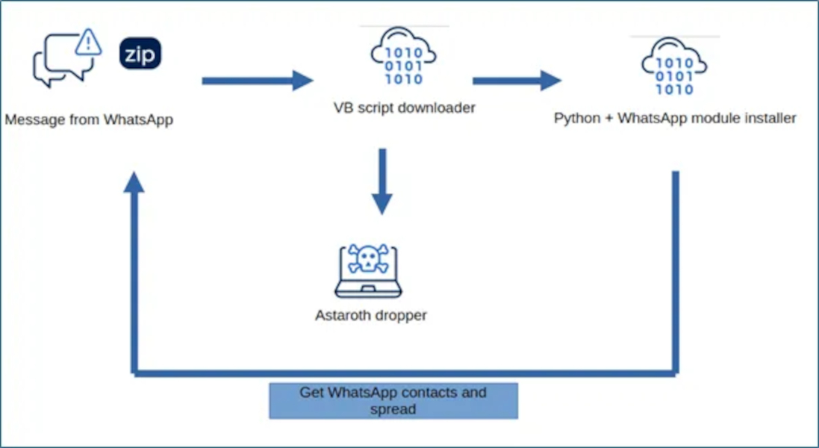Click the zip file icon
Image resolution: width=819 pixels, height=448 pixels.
tap(140, 54)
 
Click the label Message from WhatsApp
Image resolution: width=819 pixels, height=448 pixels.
tap(89, 119)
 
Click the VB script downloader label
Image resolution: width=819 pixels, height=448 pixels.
tap(404, 108)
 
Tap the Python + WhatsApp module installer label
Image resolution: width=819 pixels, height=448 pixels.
tap(675, 118)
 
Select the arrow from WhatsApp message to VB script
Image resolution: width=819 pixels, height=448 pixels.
tap(258, 81)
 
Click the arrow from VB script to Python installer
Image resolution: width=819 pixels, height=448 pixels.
tap(517, 81)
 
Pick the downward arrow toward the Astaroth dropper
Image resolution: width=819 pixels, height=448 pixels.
tap(382, 182)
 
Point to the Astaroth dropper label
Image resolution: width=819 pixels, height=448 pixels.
tap(371, 315)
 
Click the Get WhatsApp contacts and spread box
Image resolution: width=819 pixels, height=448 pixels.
tap(393, 401)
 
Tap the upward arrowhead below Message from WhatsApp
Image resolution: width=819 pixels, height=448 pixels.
tap(134, 183)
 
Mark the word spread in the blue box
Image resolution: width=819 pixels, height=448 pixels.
tap(393, 409)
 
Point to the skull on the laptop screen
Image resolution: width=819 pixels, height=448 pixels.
tap(366, 259)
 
